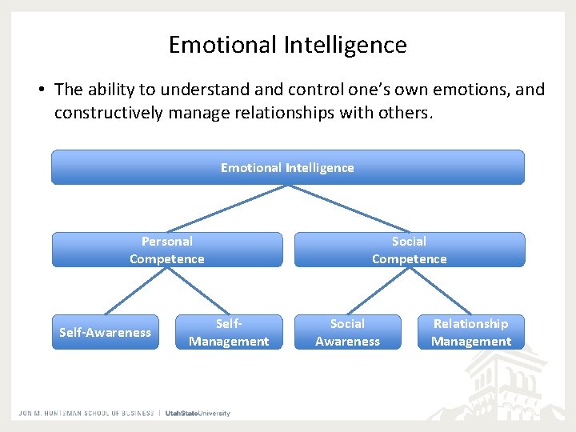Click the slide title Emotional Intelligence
287,45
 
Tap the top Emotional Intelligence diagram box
287,167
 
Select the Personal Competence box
167,250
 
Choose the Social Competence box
409,250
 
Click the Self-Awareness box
105,332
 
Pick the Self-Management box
229,332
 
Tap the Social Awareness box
347,332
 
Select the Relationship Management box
470,332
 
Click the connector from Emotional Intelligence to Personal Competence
228,208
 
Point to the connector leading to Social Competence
348,208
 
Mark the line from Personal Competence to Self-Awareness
136,290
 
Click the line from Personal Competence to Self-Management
198,290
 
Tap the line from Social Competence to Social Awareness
378,290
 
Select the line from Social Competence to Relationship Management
440,290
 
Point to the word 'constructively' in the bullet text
110,113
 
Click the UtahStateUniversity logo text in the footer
198,413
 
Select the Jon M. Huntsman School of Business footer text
86,413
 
